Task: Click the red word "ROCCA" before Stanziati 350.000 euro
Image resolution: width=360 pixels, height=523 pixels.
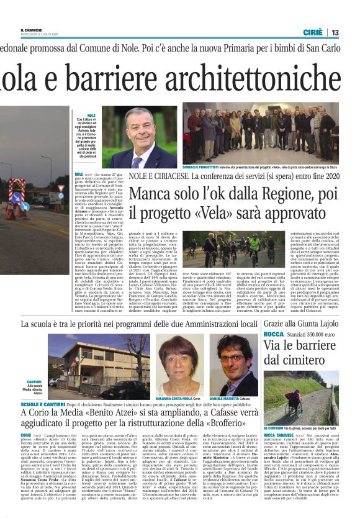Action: click(273, 334)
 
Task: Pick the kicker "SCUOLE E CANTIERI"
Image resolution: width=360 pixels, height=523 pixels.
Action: click(39, 404)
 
